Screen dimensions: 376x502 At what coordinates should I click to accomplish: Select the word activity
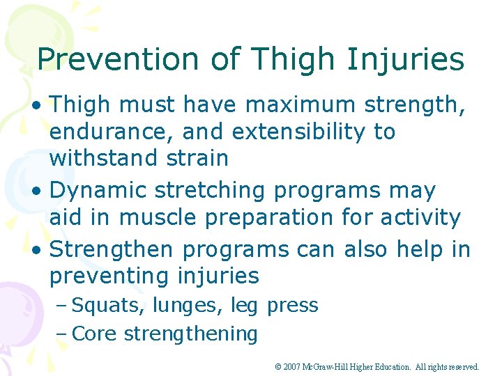(422, 217)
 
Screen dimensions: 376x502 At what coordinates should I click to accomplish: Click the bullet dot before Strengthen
(42, 249)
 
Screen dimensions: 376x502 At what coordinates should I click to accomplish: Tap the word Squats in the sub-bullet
(98, 306)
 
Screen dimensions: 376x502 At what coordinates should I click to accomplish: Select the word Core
(95, 334)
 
